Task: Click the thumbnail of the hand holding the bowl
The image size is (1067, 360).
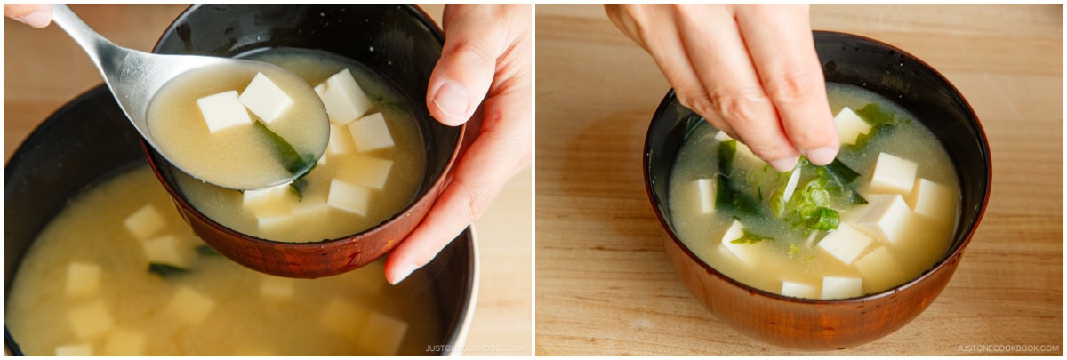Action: coord(453,100)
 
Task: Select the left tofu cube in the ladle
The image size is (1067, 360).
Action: coord(222,111)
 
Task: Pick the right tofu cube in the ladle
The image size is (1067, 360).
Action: coord(265,97)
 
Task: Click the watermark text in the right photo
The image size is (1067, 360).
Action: coord(1007,348)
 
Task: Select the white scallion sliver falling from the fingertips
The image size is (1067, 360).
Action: coord(790,183)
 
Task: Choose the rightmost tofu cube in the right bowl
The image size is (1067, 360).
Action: coord(931,198)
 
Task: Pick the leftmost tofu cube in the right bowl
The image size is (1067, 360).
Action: coord(704,196)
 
